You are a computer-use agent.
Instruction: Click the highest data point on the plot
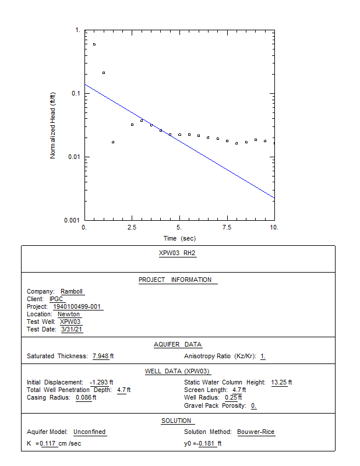click(x=94, y=44)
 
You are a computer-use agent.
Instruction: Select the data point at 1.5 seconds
click(x=113, y=142)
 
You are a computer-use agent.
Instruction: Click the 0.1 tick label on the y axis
click(x=76, y=93)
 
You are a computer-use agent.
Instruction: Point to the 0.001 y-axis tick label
click(x=72, y=220)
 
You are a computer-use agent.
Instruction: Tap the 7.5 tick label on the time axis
click(x=227, y=227)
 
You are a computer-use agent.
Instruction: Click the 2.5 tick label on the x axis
click(x=132, y=227)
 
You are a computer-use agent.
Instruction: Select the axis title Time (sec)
click(x=179, y=238)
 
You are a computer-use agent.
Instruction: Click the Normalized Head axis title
click(x=52, y=125)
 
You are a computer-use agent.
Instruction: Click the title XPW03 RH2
click(x=177, y=253)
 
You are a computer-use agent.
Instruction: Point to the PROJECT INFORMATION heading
click(x=175, y=280)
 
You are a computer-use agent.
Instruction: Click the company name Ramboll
click(x=72, y=291)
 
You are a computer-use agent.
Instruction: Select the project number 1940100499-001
click(x=77, y=306)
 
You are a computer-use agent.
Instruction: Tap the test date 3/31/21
click(x=72, y=329)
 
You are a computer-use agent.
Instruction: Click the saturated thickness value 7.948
click(x=100, y=356)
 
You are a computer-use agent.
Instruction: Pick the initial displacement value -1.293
click(x=99, y=382)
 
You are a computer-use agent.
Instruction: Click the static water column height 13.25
click(x=279, y=382)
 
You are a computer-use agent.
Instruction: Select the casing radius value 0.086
click(x=83, y=397)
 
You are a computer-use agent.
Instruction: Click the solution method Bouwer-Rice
click(x=256, y=432)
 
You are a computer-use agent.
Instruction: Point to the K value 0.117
click(x=48, y=443)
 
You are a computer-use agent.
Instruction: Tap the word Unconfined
click(x=90, y=432)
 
